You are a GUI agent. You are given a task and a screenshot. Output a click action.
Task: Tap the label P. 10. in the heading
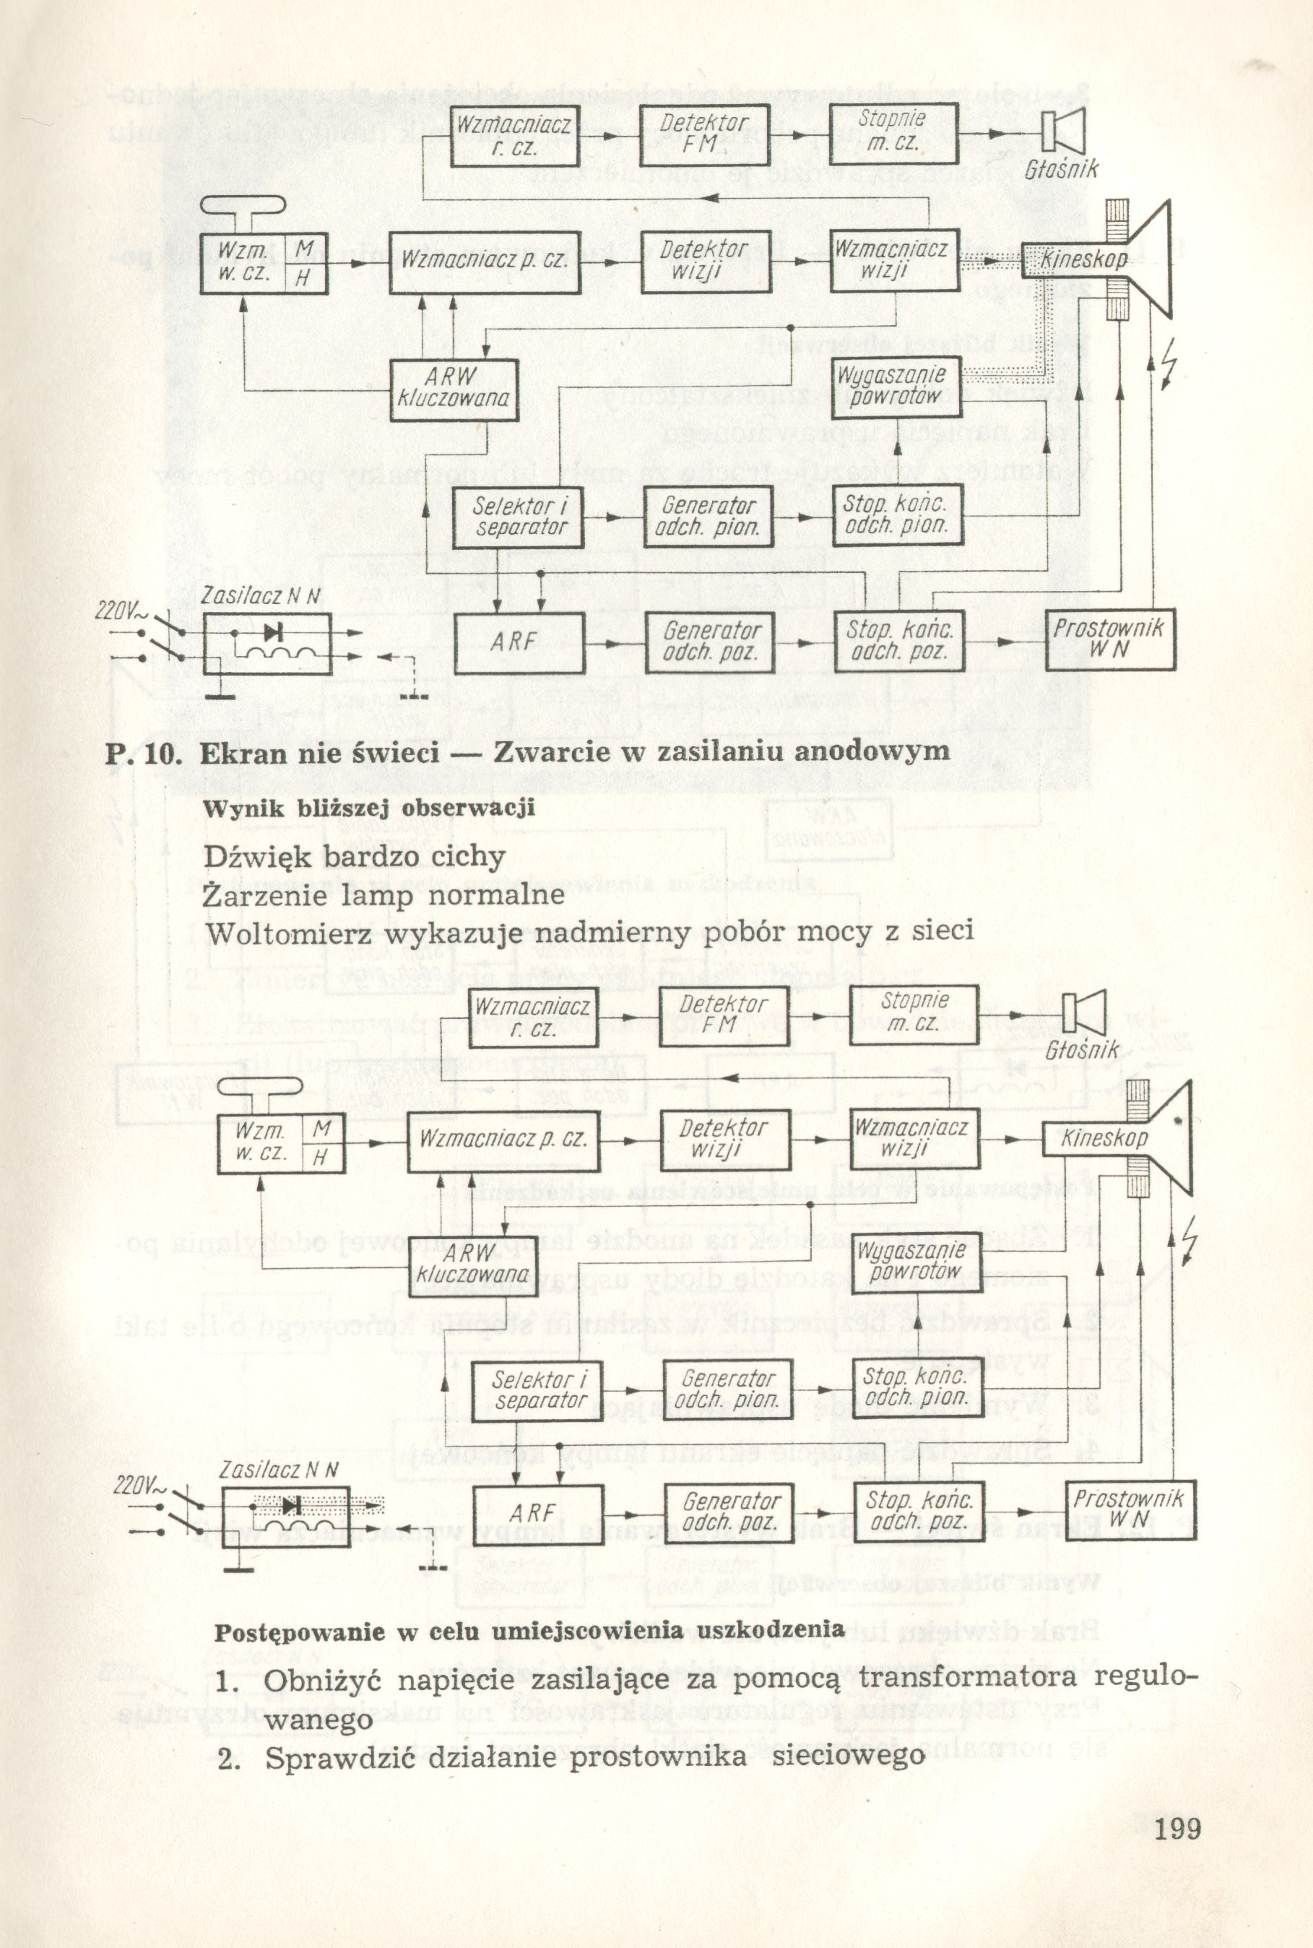(x=144, y=751)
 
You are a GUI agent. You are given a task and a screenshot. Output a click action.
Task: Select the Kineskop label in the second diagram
(x=1104, y=1139)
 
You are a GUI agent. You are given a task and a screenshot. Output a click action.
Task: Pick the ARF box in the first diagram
(x=519, y=643)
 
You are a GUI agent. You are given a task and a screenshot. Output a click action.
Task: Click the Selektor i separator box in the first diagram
(x=518, y=517)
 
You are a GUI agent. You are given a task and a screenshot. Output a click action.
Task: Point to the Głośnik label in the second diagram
(x=1082, y=1048)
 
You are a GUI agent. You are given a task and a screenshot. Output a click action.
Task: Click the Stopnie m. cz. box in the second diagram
(x=914, y=1012)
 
